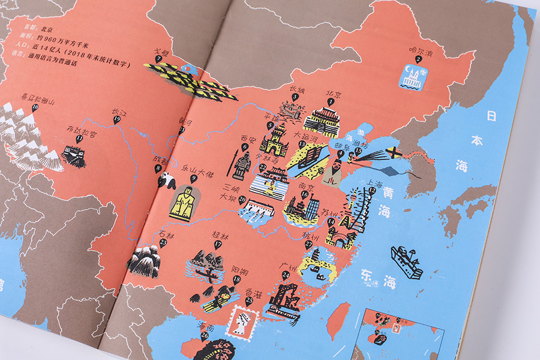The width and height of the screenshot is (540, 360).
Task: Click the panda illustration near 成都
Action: [x=166, y=179]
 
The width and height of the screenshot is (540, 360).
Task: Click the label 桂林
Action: [x=217, y=237]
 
